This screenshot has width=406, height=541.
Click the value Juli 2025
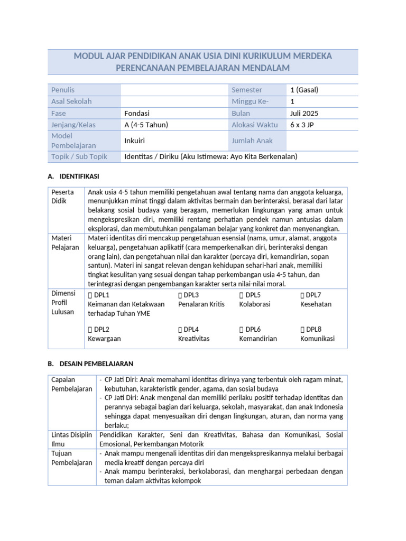pyautogui.click(x=304, y=113)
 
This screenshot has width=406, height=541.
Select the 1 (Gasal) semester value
pyautogui.click(x=304, y=90)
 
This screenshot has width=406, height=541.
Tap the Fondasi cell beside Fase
pyautogui.click(x=137, y=113)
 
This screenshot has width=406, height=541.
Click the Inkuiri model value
pyautogui.click(x=134, y=141)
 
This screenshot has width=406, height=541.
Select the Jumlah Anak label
pyautogui.click(x=251, y=141)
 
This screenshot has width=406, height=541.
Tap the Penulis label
pyautogui.click(x=63, y=90)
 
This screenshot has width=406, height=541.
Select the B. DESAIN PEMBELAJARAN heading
pyautogui.click(x=90, y=364)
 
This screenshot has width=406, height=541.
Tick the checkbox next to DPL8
pyautogui.click(x=303, y=329)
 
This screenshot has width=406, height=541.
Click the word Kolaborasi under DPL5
pyautogui.click(x=254, y=304)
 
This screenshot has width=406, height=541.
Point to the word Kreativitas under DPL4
pyautogui.click(x=194, y=339)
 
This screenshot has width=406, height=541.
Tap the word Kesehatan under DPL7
pyautogui.click(x=316, y=304)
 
